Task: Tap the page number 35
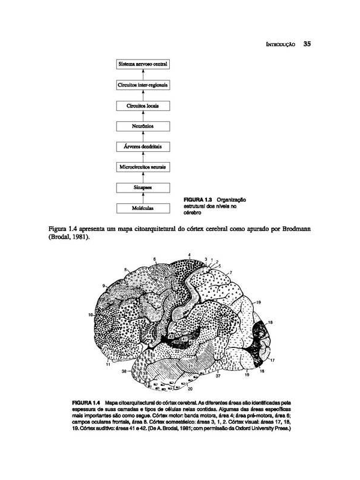click(x=307, y=44)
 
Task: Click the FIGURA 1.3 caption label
click(x=201, y=199)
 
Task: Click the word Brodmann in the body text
click(x=291, y=230)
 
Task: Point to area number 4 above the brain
click(x=189, y=256)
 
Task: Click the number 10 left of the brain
click(x=91, y=314)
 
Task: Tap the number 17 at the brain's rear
click(x=271, y=360)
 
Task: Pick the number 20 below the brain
click(x=190, y=391)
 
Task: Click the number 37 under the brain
click(x=218, y=376)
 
